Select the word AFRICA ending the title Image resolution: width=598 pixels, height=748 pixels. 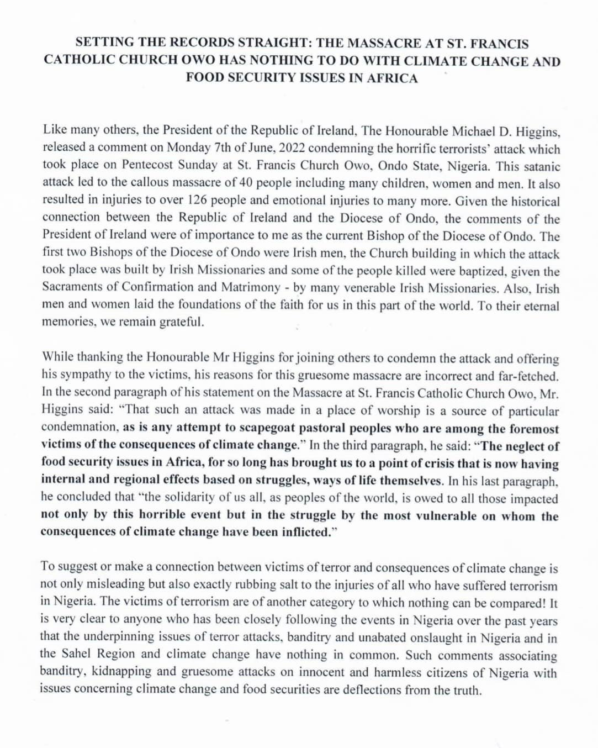389,78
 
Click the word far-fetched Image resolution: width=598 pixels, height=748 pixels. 532,376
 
